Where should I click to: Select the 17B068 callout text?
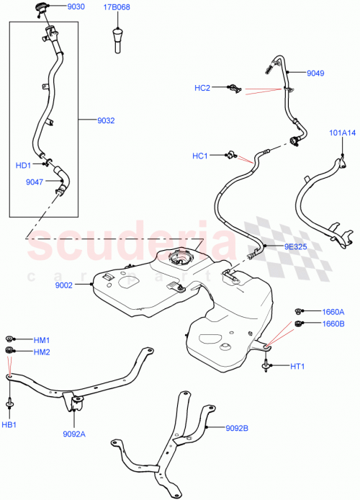(117, 8)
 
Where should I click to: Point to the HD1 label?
(24, 165)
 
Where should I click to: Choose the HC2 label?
(202, 88)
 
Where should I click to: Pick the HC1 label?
(199, 156)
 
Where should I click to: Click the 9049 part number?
(315, 73)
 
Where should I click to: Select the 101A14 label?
(343, 132)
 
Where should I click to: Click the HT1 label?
(298, 366)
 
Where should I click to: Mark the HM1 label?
(42, 339)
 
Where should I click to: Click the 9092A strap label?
(74, 434)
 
